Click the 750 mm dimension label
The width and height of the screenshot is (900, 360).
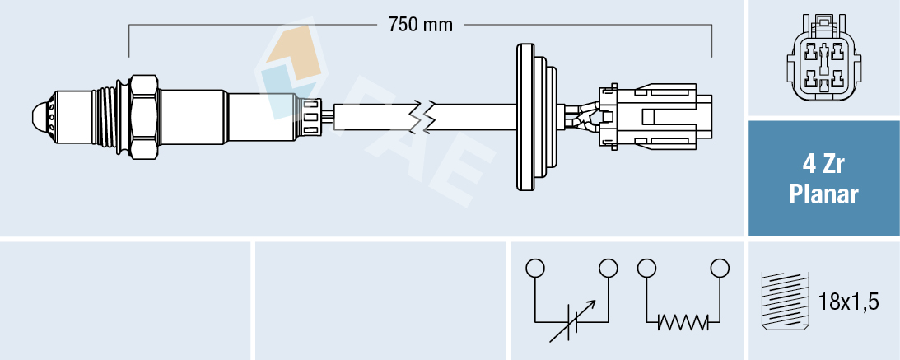coord(421,25)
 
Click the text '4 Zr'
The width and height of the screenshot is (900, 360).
coord(823,166)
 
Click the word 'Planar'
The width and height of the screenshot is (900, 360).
coord(823,195)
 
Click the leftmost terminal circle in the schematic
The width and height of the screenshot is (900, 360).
coord(535,268)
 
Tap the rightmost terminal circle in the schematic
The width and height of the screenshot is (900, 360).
coord(720,268)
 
